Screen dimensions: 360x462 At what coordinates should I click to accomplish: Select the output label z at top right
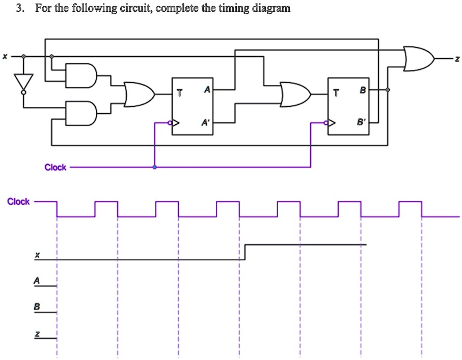tap(457, 60)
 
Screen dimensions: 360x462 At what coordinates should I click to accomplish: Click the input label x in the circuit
tap(5, 57)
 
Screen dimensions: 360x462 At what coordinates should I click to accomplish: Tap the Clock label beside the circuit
tap(55, 168)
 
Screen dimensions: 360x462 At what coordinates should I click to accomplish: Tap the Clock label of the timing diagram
tap(18, 202)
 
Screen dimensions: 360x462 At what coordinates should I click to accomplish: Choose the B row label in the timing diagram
tap(36, 307)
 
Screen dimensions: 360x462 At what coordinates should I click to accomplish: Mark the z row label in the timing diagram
tap(36, 334)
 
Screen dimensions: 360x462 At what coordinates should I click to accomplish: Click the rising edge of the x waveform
tap(246, 252)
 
